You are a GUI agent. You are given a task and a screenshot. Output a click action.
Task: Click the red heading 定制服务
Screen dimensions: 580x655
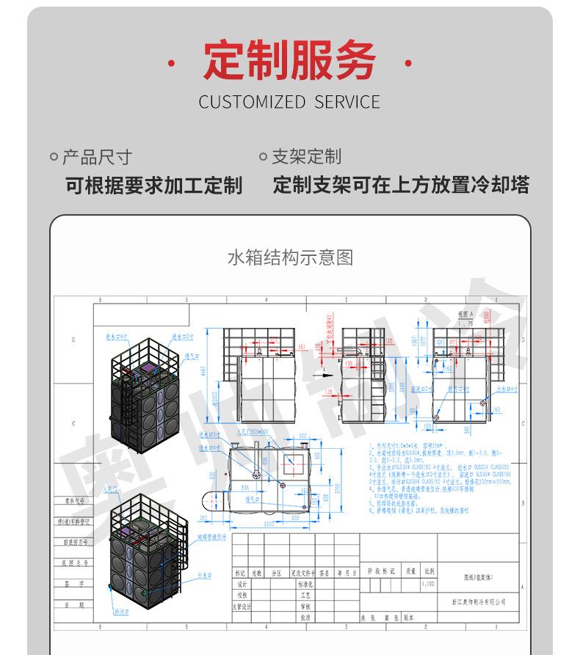(289, 61)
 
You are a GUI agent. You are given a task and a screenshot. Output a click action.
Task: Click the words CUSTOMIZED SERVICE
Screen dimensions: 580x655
(289, 102)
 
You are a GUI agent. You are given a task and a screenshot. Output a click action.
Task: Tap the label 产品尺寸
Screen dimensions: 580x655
(96, 157)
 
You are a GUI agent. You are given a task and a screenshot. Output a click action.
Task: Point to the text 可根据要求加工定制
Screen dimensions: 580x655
(153, 185)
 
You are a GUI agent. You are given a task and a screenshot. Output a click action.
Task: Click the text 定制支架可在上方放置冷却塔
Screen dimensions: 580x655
(401, 185)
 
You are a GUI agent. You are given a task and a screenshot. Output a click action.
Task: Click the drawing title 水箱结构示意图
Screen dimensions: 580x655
(290, 257)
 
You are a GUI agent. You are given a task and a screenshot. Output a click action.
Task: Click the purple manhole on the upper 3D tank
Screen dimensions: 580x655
(148, 368)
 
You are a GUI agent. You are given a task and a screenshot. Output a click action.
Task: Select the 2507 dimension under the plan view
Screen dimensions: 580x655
(269, 524)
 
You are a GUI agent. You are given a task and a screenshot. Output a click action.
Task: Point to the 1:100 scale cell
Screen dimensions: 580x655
(427, 584)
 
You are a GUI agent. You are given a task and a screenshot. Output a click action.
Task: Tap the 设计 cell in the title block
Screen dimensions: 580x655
(242, 585)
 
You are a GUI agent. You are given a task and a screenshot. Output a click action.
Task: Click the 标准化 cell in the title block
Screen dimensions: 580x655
(305, 585)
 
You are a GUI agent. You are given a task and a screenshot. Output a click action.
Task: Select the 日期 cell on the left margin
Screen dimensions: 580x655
(73, 605)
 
